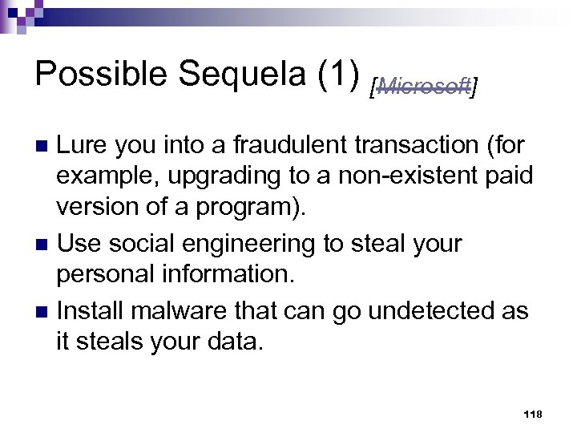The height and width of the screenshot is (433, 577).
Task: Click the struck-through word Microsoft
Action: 424,86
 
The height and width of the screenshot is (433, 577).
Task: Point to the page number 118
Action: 532,414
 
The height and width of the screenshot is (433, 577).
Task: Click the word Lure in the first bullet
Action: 82,145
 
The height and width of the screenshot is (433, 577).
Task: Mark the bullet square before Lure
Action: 45,147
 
